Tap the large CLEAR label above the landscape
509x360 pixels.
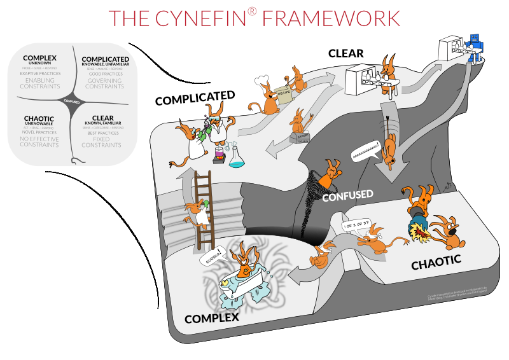click(345, 53)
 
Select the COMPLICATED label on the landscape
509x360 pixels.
click(195, 97)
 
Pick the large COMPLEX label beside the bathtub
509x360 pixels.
click(212, 317)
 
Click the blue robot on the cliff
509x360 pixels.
click(474, 47)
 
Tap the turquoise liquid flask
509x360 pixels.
click(237, 158)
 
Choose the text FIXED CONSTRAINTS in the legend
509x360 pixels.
click(103, 142)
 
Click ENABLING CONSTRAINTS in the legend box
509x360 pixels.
click(39, 83)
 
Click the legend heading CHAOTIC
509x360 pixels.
click(39, 118)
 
